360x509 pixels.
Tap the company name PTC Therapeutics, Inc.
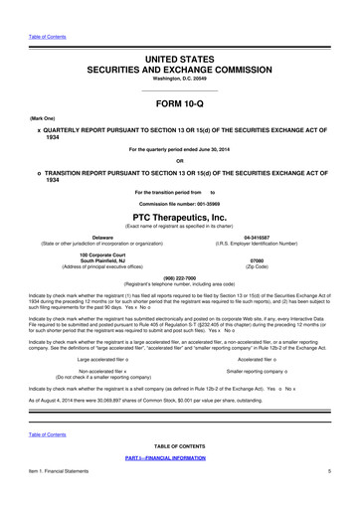179,216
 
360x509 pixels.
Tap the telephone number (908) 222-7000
179,277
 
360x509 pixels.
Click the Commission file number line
179,203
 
